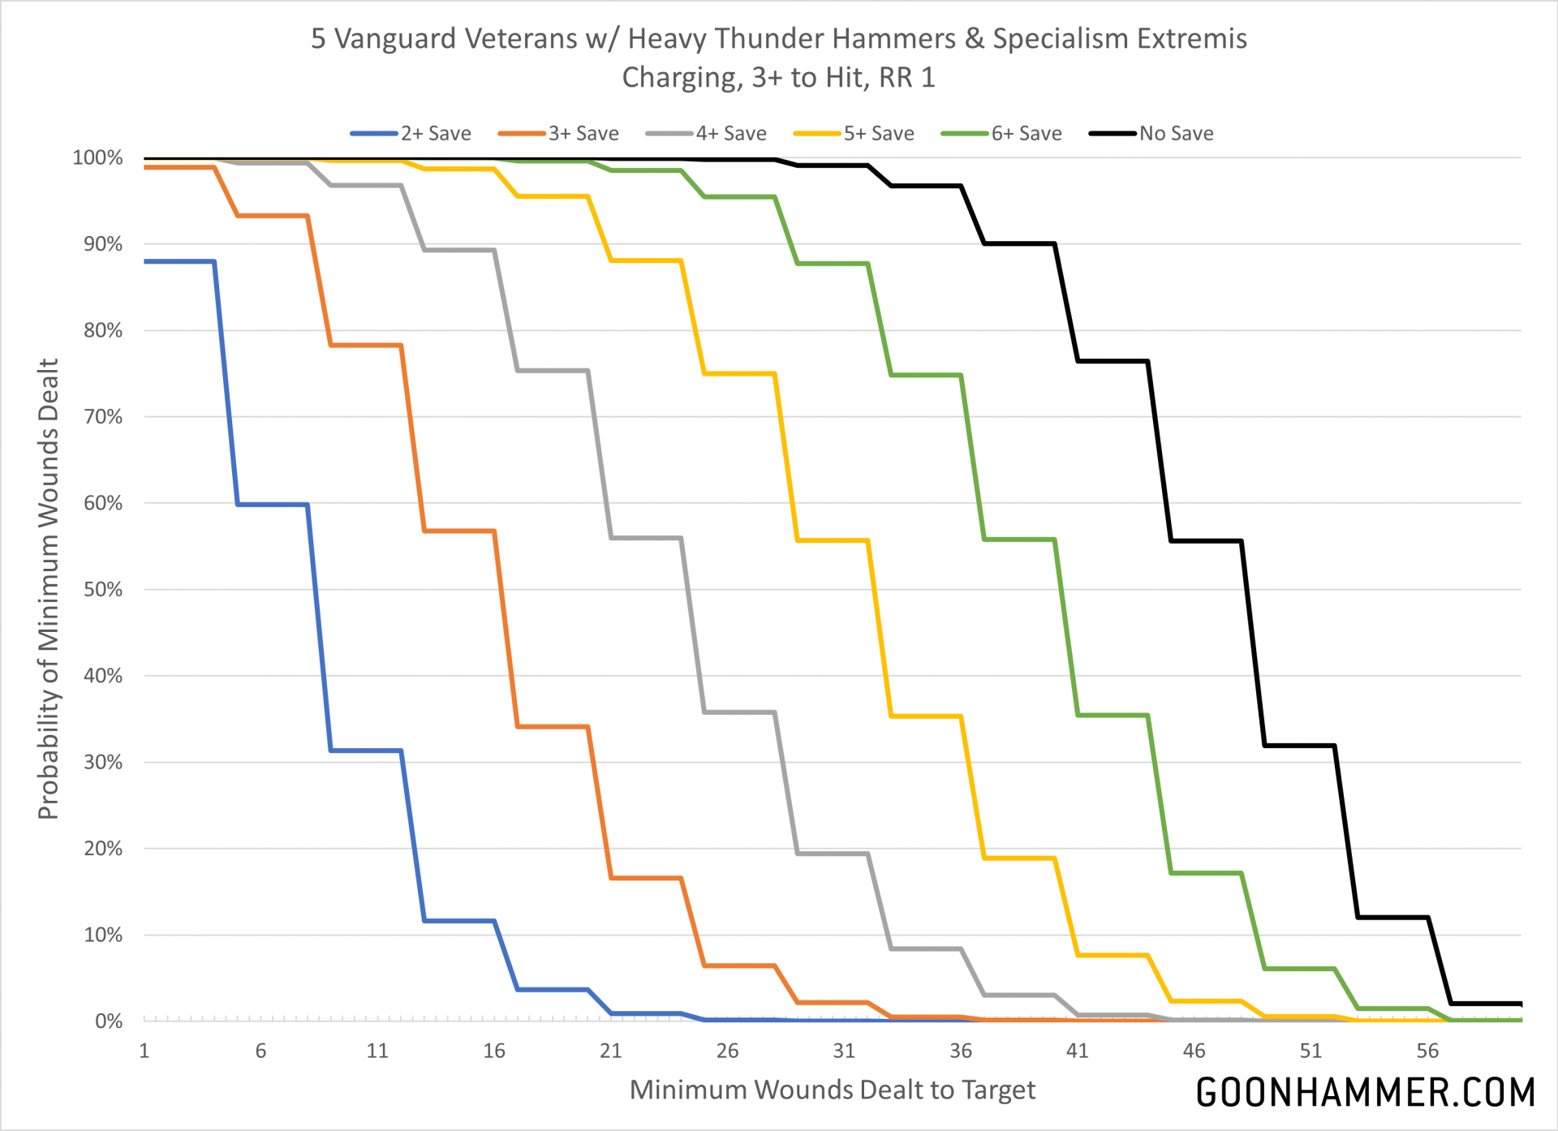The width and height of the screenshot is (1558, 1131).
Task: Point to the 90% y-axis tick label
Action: (103, 244)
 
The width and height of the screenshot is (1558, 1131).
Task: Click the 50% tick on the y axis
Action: (103, 590)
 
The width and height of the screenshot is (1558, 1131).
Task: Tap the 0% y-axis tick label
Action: (109, 1021)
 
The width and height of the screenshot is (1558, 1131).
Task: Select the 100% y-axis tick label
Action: (98, 157)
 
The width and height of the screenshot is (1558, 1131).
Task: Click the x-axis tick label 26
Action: (727, 1051)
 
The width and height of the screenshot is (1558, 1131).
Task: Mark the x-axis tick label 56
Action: (1427, 1051)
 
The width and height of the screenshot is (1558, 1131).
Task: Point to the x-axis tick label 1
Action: (144, 1051)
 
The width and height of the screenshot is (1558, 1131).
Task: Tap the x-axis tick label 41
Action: (1077, 1051)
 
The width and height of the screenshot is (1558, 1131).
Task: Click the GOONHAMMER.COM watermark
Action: (1366, 1093)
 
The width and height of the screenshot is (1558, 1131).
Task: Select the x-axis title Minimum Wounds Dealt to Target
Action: (833, 1090)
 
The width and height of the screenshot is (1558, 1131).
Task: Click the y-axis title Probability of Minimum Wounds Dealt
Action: (49, 589)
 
